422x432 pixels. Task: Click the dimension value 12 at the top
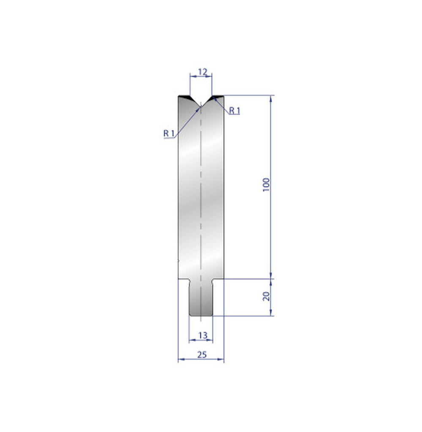(202, 72)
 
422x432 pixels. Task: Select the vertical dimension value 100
(266, 185)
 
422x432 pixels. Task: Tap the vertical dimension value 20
(266, 296)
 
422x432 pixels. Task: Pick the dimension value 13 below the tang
(202, 335)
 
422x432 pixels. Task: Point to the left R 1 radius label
(169, 133)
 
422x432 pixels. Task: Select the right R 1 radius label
(234, 111)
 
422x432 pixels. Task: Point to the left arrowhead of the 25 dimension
(180, 359)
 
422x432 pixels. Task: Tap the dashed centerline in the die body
(201, 190)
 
